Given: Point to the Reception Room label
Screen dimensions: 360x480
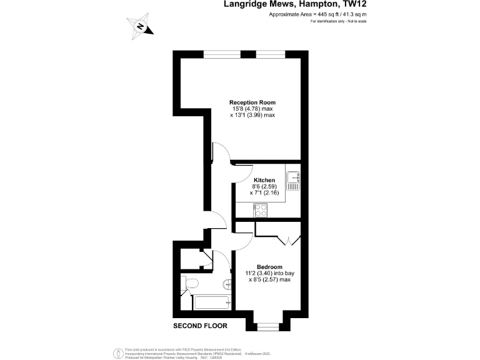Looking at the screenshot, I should coord(252,102).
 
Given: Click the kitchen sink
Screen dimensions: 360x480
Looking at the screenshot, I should coord(293,181).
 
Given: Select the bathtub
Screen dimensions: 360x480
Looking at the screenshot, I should coord(212,304).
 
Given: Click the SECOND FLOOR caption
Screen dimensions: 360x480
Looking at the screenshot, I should coord(200,326).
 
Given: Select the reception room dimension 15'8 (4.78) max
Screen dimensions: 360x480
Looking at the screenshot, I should coord(252,109).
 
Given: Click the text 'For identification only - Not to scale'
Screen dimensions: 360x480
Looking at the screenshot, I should coord(338,22).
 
